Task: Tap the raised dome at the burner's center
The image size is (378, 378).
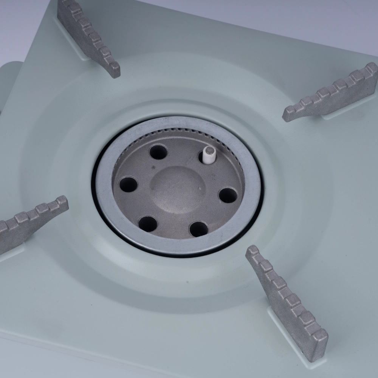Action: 178,185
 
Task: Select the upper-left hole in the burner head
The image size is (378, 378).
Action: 158,152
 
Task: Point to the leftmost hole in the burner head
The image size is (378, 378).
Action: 128,184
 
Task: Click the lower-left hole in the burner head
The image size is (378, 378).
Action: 147,224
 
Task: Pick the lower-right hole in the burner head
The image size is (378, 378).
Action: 199,229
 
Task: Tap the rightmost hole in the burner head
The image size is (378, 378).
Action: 228,195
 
